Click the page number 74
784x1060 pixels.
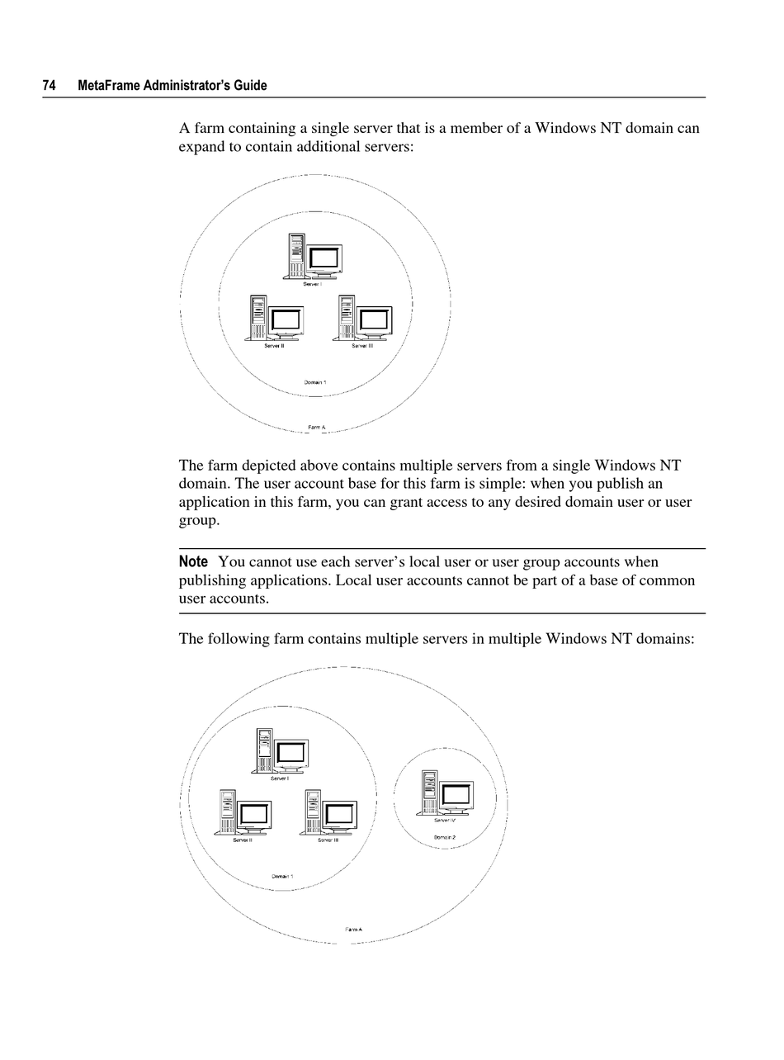click(50, 86)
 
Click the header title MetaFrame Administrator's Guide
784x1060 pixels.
click(172, 86)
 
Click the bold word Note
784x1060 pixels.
click(193, 562)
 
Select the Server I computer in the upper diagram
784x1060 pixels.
click(314, 256)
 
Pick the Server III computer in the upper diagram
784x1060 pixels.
click(364, 318)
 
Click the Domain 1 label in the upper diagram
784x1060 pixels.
click(315, 382)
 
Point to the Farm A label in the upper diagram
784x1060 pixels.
click(317, 428)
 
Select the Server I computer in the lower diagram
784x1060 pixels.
click(281, 750)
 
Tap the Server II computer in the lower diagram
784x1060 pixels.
click(245, 812)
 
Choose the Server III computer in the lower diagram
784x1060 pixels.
click(330, 812)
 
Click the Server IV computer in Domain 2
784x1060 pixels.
click(446, 793)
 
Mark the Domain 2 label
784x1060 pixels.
click(445, 837)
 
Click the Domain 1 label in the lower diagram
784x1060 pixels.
click(282, 876)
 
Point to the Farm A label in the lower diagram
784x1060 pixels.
click(353, 930)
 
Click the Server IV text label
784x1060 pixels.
click(445, 821)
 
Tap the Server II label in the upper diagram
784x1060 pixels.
click(274, 346)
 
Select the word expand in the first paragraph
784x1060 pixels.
click(201, 147)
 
